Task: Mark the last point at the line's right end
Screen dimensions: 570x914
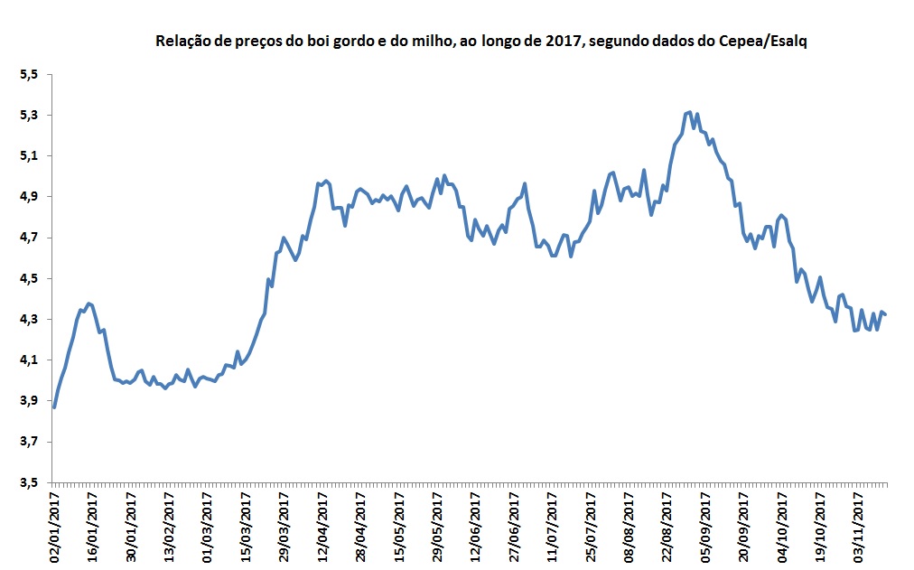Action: (x=886, y=314)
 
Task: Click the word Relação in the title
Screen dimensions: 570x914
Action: (x=182, y=42)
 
